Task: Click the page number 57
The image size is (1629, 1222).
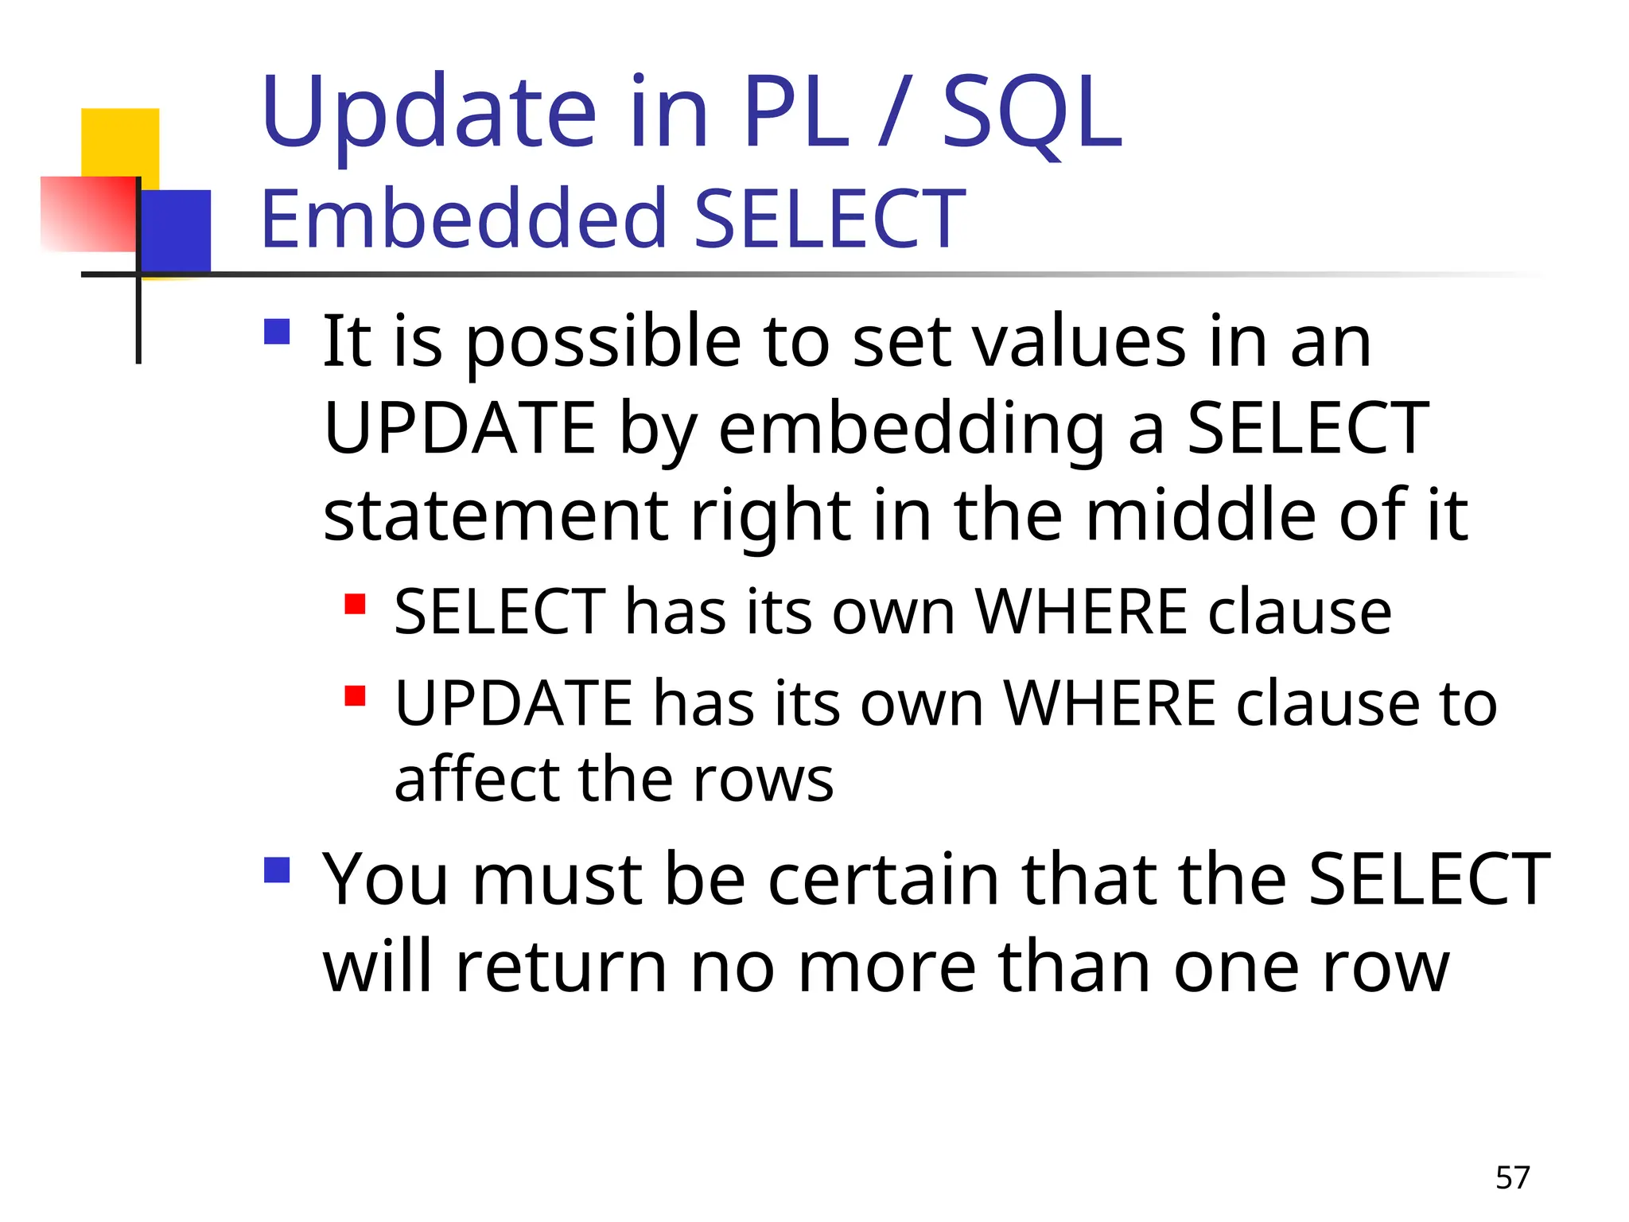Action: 1512,1177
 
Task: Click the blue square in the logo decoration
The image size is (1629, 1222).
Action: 177,231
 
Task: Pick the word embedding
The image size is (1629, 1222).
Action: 912,430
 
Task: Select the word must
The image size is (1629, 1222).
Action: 557,880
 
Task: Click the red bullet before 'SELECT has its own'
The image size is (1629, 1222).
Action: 355,605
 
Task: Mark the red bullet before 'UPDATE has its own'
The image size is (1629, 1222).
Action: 355,696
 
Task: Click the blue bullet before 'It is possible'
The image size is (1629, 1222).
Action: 277,331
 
